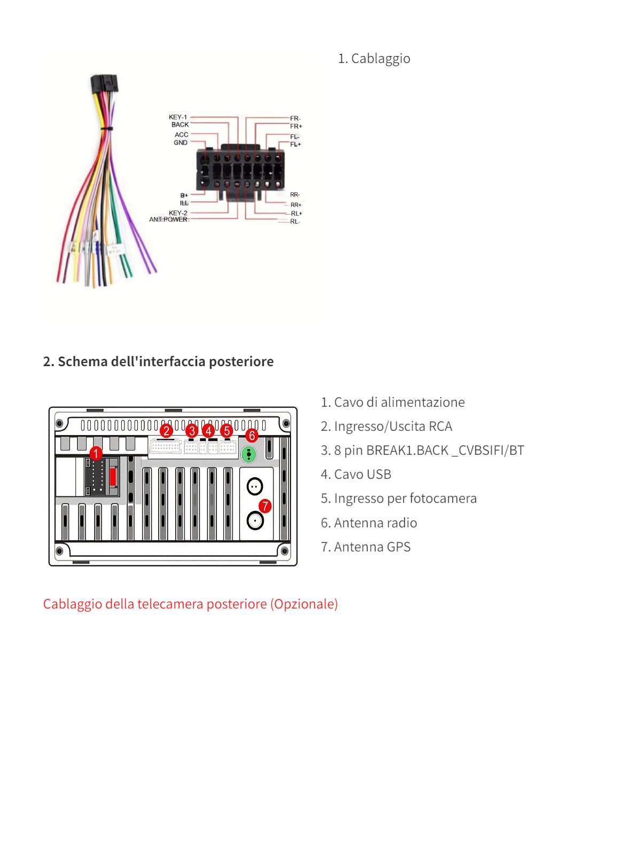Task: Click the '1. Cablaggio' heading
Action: coord(374,59)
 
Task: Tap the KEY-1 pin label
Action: coord(178,117)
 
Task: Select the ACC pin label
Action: coord(181,135)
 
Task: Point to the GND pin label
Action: coord(181,143)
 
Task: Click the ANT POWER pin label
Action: coord(168,219)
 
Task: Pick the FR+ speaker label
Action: coord(296,126)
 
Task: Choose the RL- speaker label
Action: coord(295,222)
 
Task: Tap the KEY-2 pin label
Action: coord(178,212)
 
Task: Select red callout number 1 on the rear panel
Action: coord(96,454)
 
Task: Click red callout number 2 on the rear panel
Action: coord(166,430)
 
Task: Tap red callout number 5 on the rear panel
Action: coord(226,430)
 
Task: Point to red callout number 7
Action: coord(265,505)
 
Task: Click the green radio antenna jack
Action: coord(249,455)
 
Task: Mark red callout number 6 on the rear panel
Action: coord(252,436)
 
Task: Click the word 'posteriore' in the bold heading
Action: coord(241,361)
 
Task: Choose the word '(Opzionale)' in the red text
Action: coord(304,604)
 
